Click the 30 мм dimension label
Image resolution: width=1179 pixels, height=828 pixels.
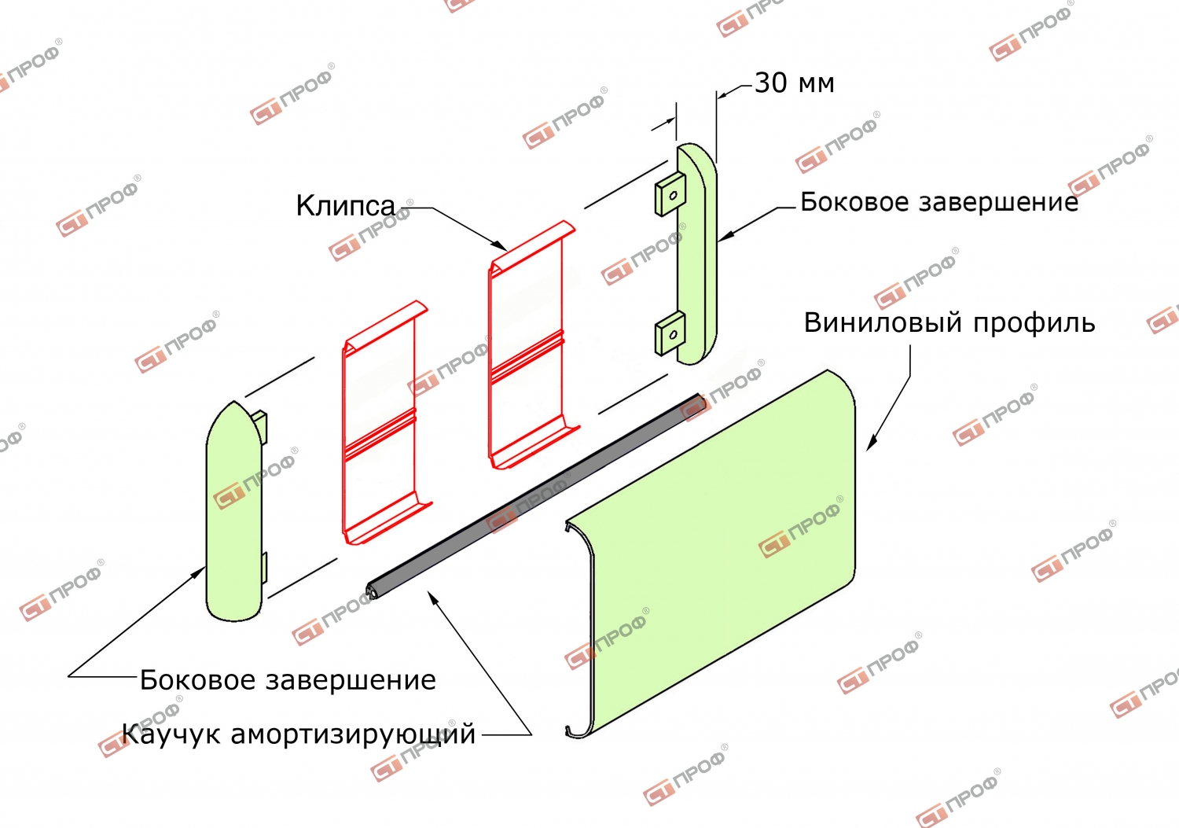coord(794,83)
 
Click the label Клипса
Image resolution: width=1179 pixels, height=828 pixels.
coord(345,205)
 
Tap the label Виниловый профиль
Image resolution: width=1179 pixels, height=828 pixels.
coord(949,323)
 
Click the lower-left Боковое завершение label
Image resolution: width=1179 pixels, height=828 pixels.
coord(288,680)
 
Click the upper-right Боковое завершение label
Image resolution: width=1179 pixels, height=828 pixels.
coord(939,202)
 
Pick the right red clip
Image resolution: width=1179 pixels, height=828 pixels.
coord(531,345)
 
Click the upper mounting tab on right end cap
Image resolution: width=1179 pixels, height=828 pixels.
coord(670,195)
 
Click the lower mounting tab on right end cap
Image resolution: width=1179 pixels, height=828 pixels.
coord(670,333)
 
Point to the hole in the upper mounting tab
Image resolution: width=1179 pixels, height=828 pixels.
coord(673,196)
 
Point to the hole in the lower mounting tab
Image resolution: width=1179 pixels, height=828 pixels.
coord(673,334)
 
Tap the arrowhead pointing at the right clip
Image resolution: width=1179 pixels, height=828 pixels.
coord(499,245)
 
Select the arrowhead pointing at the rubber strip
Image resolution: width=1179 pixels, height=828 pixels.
coord(433,598)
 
